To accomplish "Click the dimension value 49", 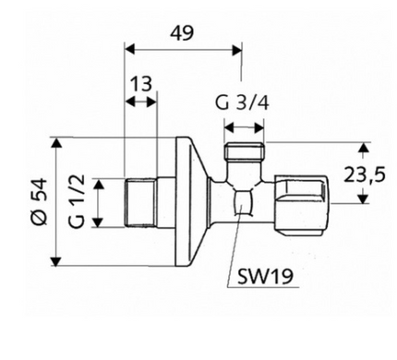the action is (182, 33).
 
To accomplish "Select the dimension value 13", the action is (140, 84).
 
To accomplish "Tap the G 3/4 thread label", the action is (242, 103).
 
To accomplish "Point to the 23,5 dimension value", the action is (365, 174).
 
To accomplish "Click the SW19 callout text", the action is (265, 276).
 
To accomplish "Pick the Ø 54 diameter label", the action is (40, 201).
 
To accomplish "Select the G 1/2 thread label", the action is (77, 201).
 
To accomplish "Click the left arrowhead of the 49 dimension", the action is (129, 49).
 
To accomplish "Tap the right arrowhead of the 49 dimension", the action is (237, 50).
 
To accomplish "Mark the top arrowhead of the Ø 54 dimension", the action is (56, 143).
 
